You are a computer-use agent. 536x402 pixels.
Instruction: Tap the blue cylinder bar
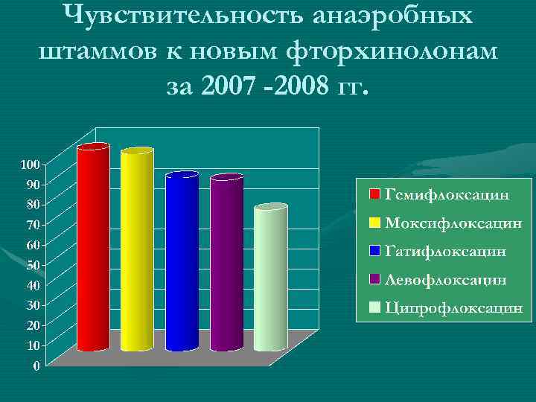(x=182, y=261)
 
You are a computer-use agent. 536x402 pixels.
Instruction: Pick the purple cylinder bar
(x=226, y=264)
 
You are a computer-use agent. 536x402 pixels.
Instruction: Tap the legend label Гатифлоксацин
(x=447, y=251)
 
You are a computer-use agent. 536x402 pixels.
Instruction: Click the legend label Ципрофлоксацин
(x=453, y=307)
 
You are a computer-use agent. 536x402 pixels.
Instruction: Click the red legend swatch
(x=375, y=194)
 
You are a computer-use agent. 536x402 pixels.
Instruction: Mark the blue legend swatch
(x=375, y=251)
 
